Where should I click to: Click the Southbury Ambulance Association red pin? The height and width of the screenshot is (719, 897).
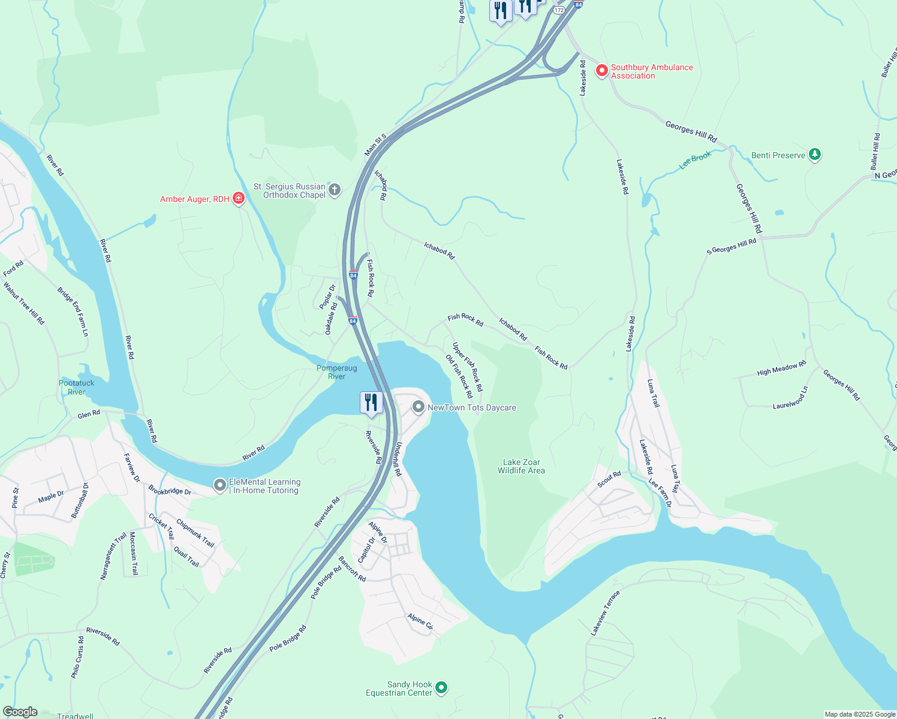[601, 71]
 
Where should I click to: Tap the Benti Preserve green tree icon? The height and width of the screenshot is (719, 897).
[814, 155]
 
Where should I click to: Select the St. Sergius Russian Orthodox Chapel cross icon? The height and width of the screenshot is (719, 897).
[335, 191]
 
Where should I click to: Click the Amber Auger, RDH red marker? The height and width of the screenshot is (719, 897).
[239, 198]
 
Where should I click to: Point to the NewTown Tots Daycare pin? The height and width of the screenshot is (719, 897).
[418, 407]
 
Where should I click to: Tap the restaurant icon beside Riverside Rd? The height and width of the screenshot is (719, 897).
[371, 403]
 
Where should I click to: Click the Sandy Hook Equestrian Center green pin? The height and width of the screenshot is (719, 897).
[441, 688]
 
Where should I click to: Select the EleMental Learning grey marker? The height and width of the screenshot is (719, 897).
[220, 485]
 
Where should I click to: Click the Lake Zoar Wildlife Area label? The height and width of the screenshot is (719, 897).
[521, 466]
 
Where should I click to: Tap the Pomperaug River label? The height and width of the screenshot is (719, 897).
[337, 372]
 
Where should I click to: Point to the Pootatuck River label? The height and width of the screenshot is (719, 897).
[77, 387]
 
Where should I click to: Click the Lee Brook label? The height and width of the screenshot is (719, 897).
[695, 160]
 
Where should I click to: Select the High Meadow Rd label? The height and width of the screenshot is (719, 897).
[781, 368]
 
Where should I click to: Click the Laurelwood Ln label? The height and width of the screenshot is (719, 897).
[790, 398]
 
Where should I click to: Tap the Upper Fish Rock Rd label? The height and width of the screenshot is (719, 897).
[467, 367]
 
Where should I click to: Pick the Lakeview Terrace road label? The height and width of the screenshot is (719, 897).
[605, 612]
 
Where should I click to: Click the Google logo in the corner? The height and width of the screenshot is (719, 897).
[20, 712]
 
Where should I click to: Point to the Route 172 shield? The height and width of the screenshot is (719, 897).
[559, 10]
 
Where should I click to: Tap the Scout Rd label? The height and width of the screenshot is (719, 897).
[609, 479]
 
